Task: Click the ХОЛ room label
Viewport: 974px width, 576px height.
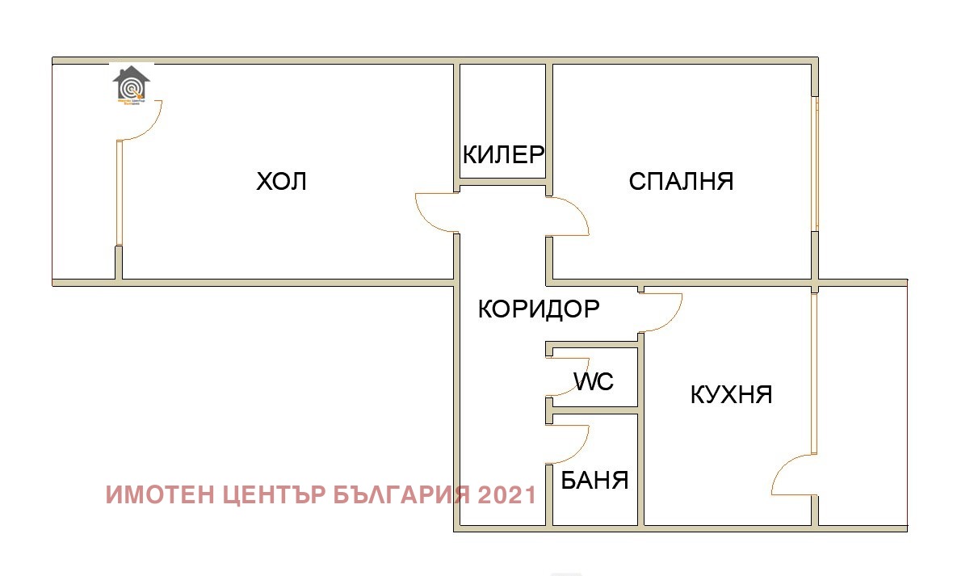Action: pyautogui.click(x=282, y=181)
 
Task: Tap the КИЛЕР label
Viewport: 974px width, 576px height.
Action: pyautogui.click(x=503, y=154)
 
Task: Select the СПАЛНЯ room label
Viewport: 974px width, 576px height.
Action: pyautogui.click(x=681, y=181)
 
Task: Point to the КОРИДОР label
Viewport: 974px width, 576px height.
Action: pyautogui.click(x=539, y=309)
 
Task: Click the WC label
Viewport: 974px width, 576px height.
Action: pyautogui.click(x=594, y=380)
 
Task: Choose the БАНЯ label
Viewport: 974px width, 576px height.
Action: pyautogui.click(x=594, y=481)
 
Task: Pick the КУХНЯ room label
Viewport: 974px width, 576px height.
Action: pyautogui.click(x=732, y=394)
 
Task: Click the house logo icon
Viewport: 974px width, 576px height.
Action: pyautogui.click(x=131, y=85)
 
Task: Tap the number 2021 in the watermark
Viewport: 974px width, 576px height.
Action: pyautogui.click(x=506, y=494)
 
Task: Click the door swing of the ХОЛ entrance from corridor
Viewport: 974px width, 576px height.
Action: pyautogui.click(x=432, y=212)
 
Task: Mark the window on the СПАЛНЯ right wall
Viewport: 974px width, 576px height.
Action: pyautogui.click(x=815, y=165)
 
